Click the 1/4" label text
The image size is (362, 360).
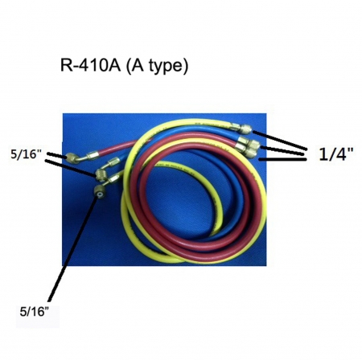[x=336, y=154]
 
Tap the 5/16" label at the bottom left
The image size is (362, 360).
[x=35, y=312]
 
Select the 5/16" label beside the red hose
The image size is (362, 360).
[x=27, y=154]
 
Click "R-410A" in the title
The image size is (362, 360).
[x=90, y=66]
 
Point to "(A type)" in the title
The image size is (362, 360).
[x=156, y=67]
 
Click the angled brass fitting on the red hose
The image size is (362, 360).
[x=76, y=157]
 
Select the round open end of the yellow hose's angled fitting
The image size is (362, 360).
[x=100, y=194]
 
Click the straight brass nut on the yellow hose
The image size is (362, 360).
[x=245, y=129]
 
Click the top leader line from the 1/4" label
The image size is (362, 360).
[x=280, y=140]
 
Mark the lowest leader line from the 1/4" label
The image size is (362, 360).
[x=283, y=160]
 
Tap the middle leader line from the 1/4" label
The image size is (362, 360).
[x=283, y=150]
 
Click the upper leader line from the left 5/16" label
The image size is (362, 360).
[x=56, y=155]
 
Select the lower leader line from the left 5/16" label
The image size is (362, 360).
[x=71, y=168]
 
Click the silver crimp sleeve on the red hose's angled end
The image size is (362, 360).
[x=93, y=154]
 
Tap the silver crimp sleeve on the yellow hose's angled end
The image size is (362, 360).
[x=115, y=178]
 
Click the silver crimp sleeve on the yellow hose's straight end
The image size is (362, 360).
[x=234, y=125]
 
